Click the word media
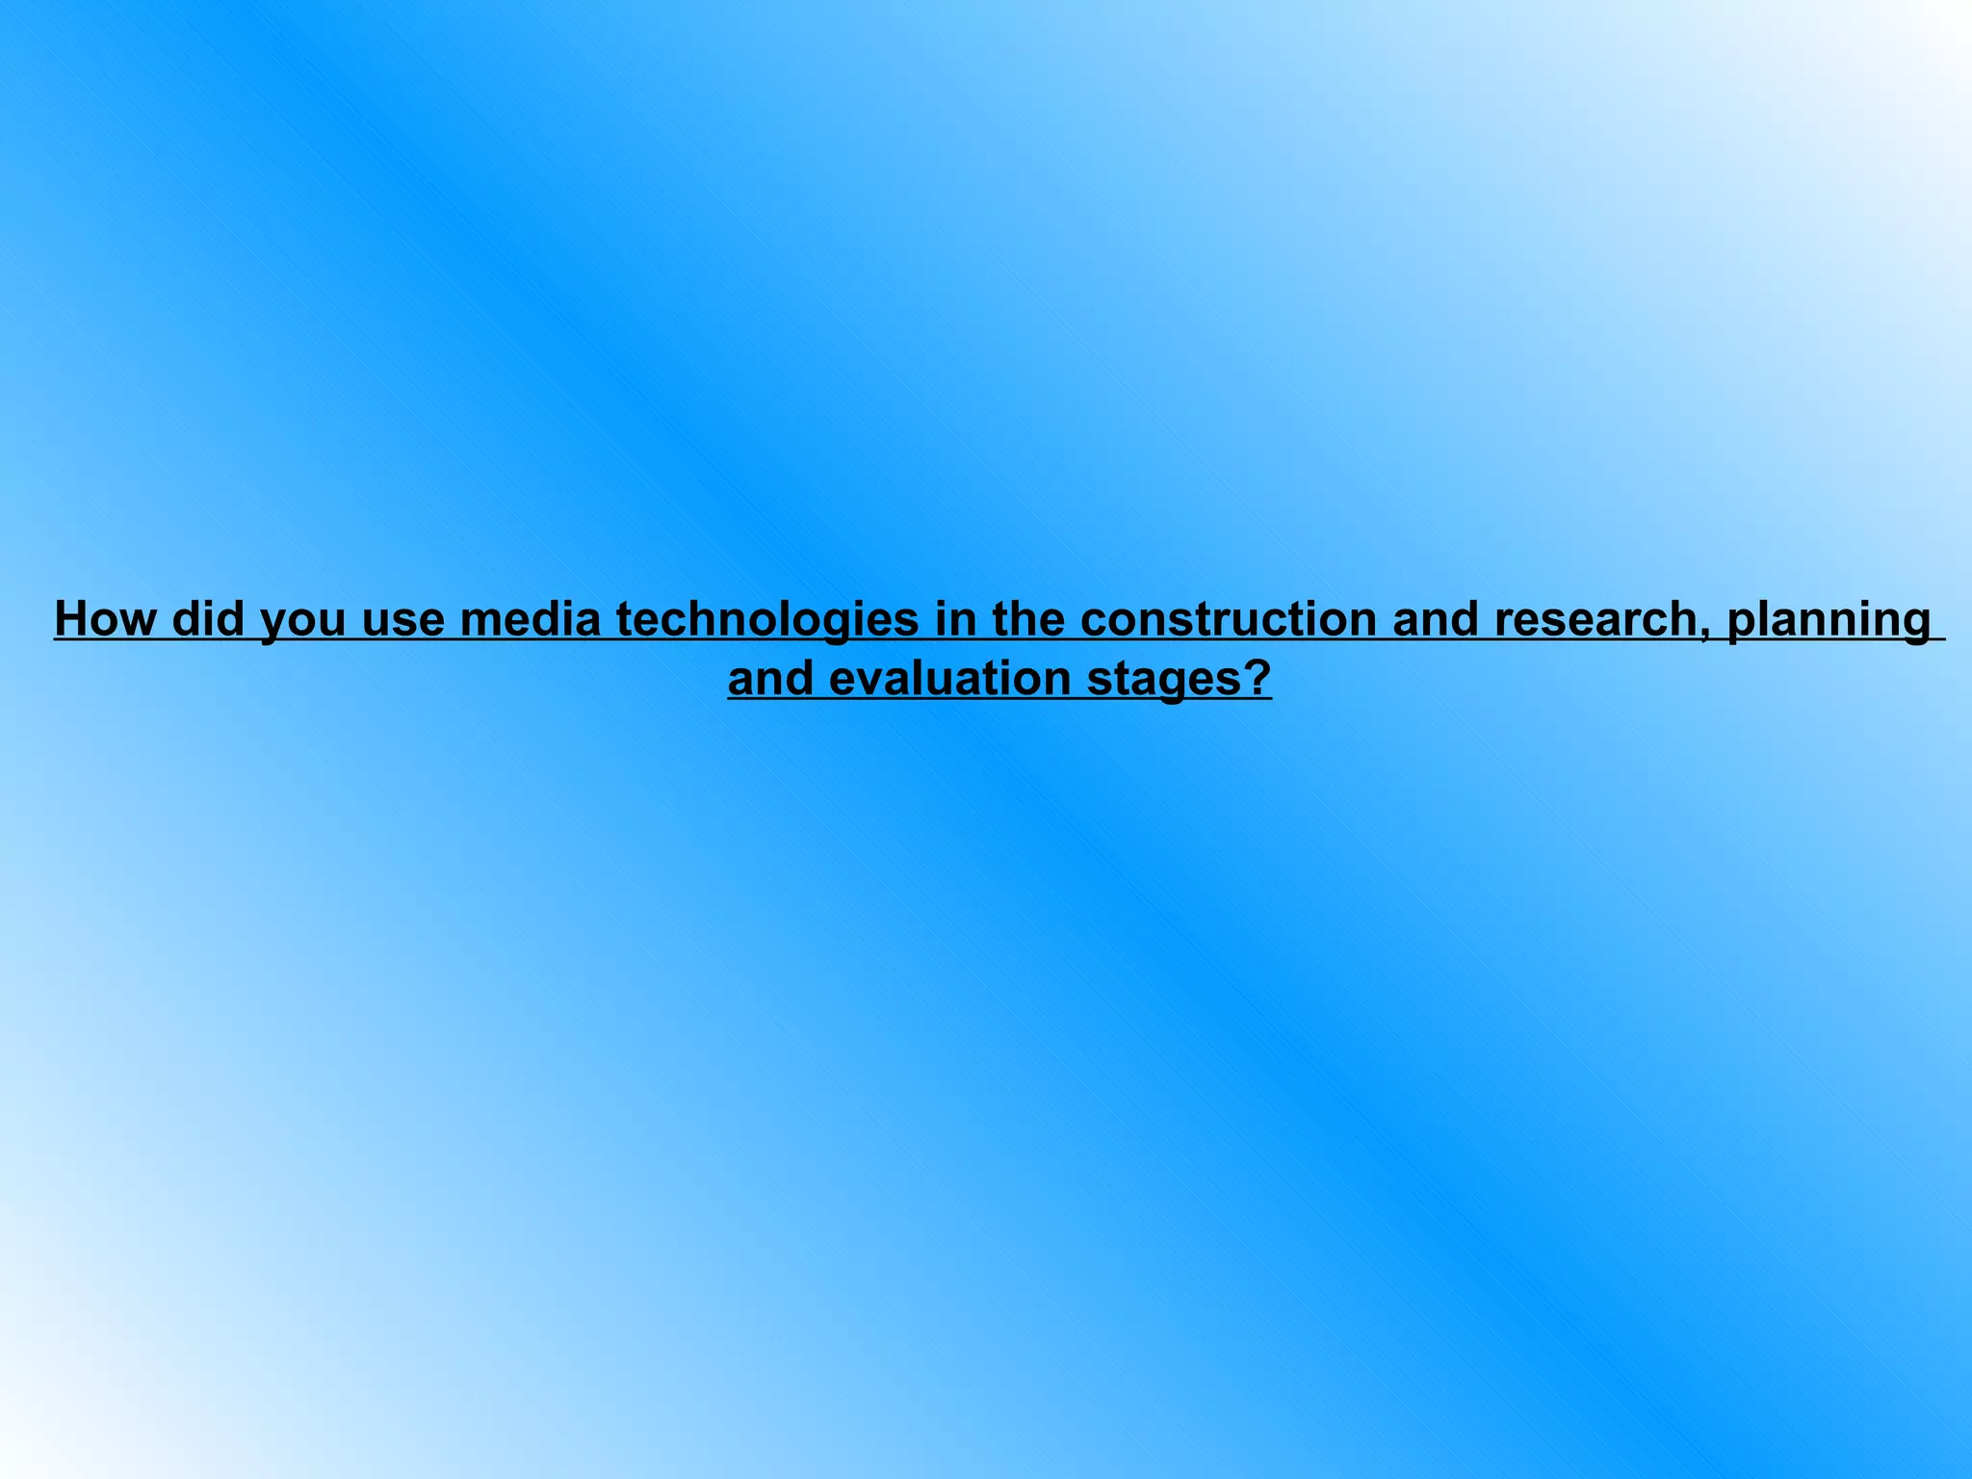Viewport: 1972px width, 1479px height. (x=531, y=618)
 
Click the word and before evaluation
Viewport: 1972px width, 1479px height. (x=771, y=679)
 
